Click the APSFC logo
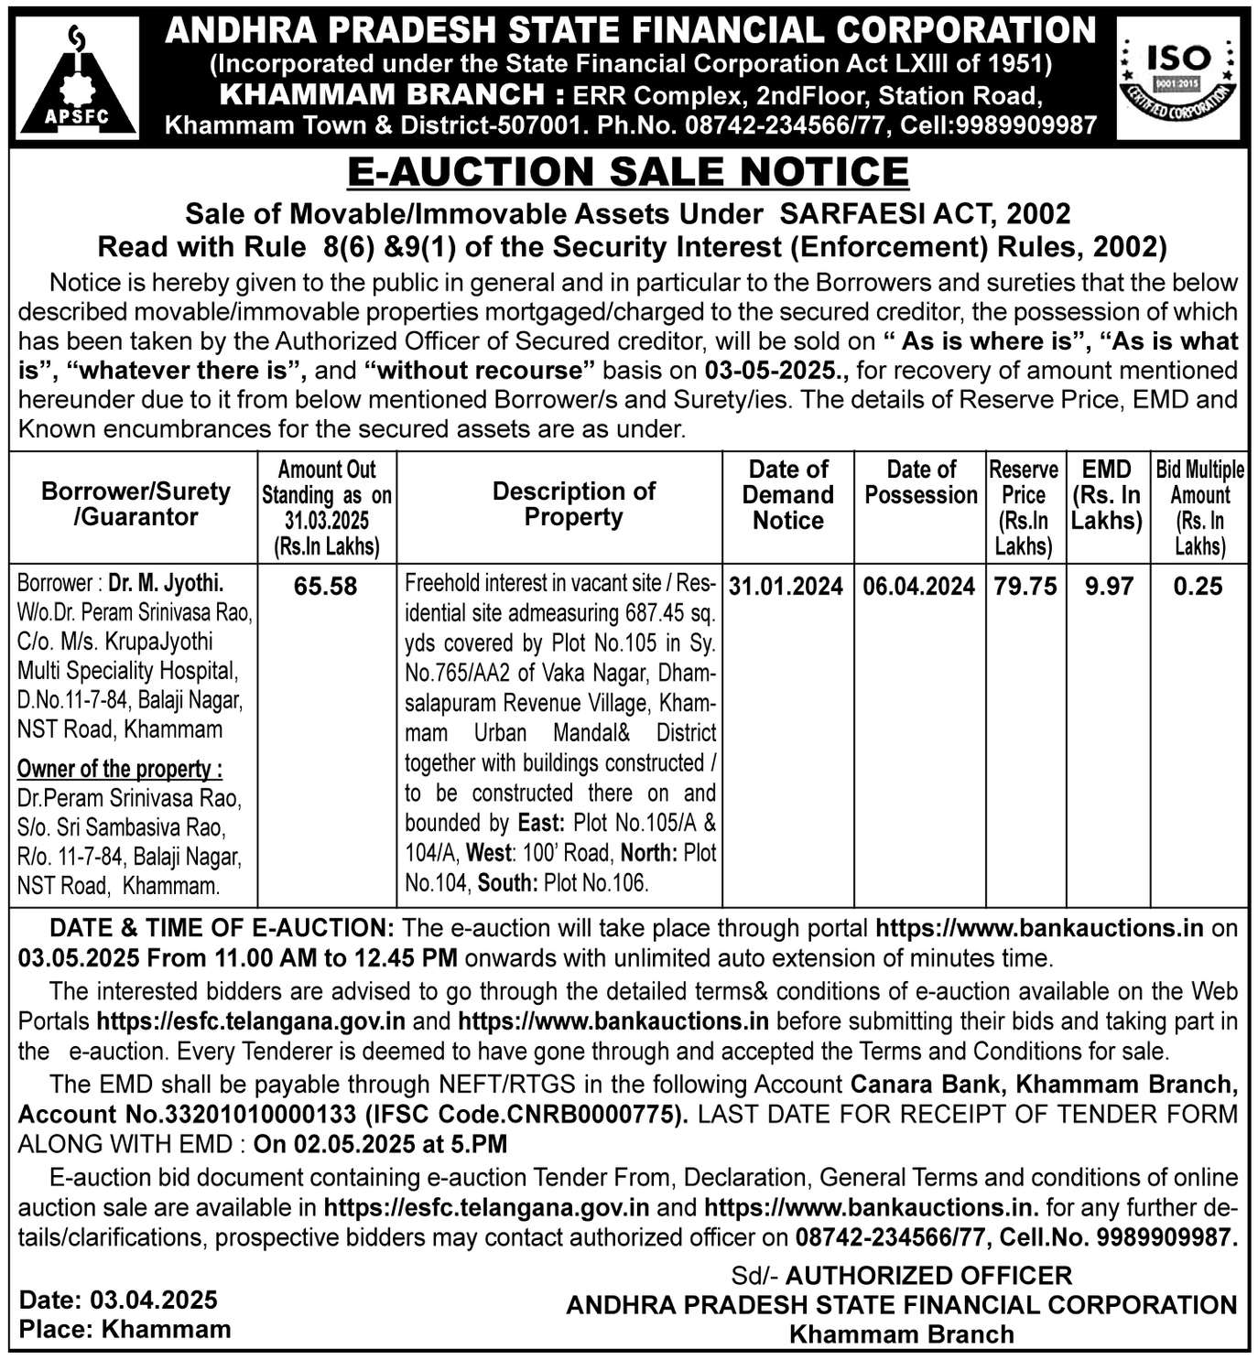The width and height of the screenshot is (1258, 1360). coord(78,79)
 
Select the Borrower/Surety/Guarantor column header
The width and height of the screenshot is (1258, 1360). coord(136,504)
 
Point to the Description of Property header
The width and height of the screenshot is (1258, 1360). coord(573,504)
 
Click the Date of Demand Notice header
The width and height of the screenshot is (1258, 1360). coord(787,495)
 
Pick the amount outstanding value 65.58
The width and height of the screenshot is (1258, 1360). coord(326,586)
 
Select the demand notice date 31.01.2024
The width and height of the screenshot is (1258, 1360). coord(786,586)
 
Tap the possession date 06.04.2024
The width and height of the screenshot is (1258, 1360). coord(919,586)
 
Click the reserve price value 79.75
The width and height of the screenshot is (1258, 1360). coord(1025,586)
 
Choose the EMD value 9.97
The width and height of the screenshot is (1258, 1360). coord(1109,586)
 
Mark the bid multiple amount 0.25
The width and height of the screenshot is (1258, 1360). coord(1198,586)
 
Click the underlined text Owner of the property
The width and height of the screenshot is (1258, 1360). coord(119,768)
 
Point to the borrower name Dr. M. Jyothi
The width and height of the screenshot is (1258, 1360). coord(167,583)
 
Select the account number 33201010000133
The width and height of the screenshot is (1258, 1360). coord(254,1115)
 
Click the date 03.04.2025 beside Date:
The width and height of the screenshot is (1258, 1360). coord(153,1300)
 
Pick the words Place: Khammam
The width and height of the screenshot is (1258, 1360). coord(125,1329)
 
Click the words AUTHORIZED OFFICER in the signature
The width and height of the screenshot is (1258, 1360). coord(928,1275)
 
